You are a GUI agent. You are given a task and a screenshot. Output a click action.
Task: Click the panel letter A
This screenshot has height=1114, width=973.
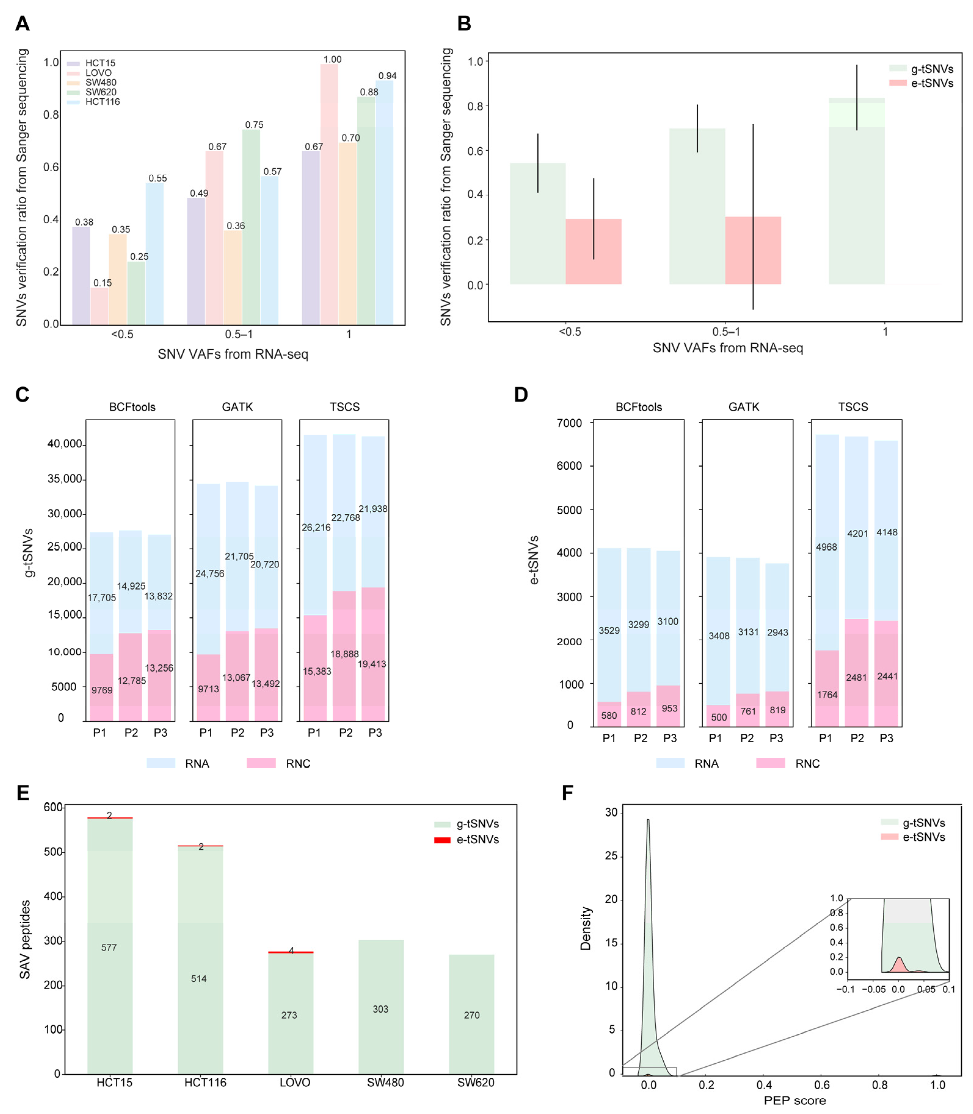click(22, 24)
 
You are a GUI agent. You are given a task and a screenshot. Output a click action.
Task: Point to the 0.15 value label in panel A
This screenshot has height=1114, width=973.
click(103, 283)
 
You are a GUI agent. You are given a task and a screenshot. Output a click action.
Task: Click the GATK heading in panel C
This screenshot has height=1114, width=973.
click(237, 407)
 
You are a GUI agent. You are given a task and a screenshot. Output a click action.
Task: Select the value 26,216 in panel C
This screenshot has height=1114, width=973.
click(316, 527)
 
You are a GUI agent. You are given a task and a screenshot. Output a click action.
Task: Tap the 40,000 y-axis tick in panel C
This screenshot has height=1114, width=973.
click(65, 444)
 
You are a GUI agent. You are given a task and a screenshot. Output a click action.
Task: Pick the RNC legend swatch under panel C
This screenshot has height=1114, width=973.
click(261, 763)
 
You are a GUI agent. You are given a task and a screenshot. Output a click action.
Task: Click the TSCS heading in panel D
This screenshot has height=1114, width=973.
click(853, 407)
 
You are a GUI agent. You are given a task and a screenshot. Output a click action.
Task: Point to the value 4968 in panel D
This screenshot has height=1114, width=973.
click(826, 547)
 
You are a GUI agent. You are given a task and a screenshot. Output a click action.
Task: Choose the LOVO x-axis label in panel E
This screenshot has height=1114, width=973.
click(295, 1083)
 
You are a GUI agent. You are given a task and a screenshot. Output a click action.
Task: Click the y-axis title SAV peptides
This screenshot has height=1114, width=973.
click(25, 939)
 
